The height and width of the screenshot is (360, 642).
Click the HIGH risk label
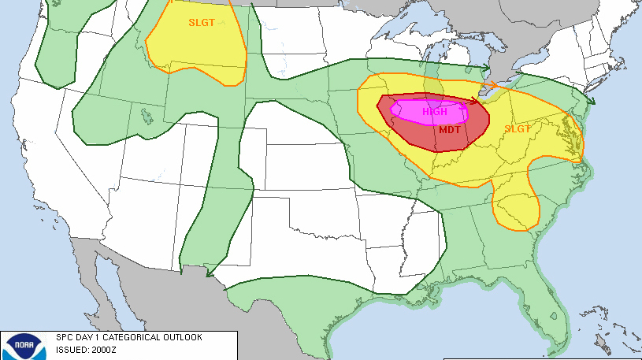(435, 112)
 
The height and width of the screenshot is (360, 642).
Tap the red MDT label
(450, 130)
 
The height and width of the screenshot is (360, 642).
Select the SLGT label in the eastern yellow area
(518, 128)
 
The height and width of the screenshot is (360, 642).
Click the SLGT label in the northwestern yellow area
(201, 23)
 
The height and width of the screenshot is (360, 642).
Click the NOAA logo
(19, 347)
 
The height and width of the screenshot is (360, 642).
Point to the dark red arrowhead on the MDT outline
(474, 100)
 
